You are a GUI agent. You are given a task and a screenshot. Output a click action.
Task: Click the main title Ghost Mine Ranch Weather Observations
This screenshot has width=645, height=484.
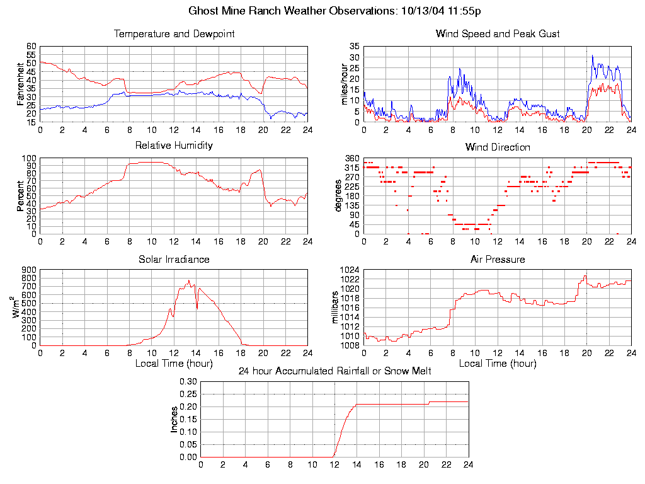[x=335, y=11]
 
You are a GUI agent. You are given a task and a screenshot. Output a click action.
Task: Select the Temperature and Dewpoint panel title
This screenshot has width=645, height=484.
[x=174, y=34]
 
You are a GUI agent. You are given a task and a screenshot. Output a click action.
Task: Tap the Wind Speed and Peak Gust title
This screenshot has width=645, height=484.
[x=498, y=34]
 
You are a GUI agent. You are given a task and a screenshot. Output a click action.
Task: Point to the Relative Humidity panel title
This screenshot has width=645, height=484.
[x=174, y=146]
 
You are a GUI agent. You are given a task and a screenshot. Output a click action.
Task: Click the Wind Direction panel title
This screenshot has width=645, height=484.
[x=498, y=147]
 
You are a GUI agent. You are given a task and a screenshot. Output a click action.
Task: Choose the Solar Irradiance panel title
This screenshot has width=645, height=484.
[x=174, y=259]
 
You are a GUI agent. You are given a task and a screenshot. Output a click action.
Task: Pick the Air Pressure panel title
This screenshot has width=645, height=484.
[x=498, y=259]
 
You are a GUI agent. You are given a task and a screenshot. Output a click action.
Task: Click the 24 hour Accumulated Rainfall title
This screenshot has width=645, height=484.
[x=334, y=371]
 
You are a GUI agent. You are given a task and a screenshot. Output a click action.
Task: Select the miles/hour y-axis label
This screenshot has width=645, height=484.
[x=344, y=84]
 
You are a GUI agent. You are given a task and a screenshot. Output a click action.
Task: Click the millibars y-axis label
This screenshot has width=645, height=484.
[x=336, y=308]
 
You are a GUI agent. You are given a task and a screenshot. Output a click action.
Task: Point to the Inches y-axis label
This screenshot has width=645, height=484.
[x=174, y=419]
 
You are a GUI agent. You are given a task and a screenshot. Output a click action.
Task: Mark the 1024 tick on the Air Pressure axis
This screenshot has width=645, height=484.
[x=350, y=270]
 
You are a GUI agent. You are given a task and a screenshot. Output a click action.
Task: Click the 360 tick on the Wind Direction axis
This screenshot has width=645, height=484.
[x=352, y=158]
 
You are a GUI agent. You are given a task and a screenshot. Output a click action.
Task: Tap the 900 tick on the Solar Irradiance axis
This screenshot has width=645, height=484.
[x=29, y=270]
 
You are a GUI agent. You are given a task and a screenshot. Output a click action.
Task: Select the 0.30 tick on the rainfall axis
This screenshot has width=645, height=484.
[x=188, y=381]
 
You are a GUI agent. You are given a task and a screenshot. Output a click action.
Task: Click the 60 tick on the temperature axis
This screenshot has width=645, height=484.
[x=31, y=46]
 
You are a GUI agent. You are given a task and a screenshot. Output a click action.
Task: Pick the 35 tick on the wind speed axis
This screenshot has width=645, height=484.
[x=353, y=46]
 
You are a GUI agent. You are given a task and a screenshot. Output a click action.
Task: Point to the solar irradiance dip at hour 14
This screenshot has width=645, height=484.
[x=197, y=308]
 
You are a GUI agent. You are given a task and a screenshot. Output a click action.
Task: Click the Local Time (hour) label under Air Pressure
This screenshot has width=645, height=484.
[x=498, y=364]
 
